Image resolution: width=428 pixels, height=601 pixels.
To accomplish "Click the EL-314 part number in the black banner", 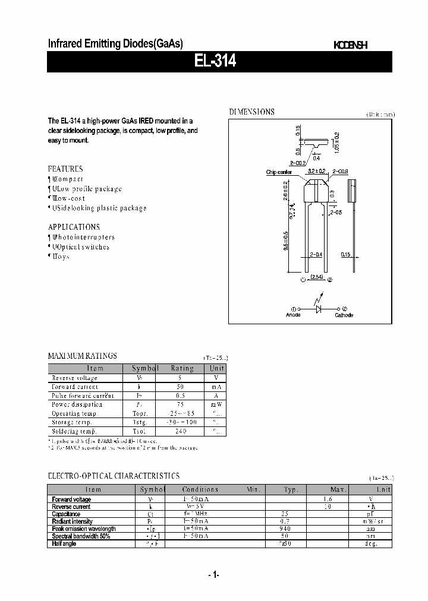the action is [215, 62].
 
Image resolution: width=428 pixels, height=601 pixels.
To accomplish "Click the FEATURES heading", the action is [65, 169].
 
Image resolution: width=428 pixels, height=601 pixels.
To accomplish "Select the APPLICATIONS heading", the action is [74, 227].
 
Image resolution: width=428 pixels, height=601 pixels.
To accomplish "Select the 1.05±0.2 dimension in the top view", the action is [336, 142].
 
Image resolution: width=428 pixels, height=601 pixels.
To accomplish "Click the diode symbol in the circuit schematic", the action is [319, 309].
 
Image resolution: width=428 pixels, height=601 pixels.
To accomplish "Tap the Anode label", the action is [294, 315].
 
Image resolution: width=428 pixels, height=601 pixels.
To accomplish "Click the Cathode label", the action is [344, 315].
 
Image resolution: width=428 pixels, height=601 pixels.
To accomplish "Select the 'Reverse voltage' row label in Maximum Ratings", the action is [74, 378].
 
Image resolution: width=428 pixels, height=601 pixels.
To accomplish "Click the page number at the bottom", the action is [214, 575].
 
